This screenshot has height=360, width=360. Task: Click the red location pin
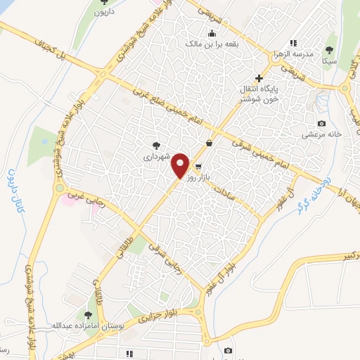[x=181, y=165]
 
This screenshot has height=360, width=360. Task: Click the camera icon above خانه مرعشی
[x=321, y=124]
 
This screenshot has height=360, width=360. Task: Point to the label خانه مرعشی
[x=321, y=134]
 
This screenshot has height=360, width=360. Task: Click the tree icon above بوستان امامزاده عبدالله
[x=88, y=315]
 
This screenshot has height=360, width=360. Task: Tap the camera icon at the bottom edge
[x=228, y=350]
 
